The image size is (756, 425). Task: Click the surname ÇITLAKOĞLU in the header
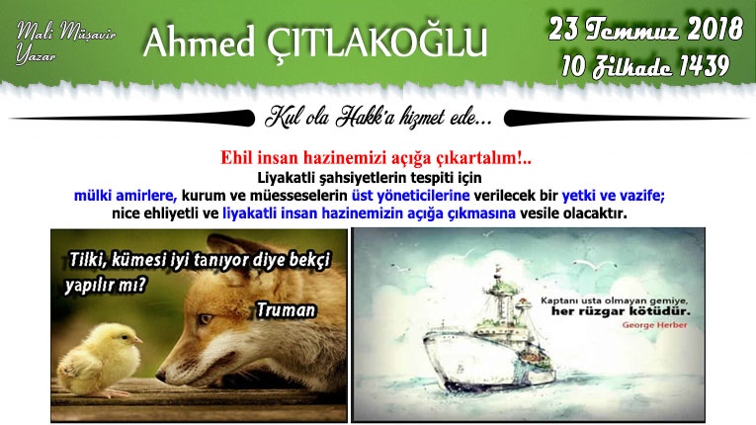(x=377, y=42)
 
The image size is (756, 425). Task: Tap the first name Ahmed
(x=199, y=42)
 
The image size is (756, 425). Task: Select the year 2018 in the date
(x=714, y=29)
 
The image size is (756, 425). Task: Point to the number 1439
(x=704, y=65)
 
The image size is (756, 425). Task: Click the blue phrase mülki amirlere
(x=126, y=196)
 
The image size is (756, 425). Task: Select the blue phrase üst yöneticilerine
(x=410, y=196)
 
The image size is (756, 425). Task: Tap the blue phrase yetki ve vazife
(x=614, y=196)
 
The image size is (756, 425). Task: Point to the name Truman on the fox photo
(x=286, y=309)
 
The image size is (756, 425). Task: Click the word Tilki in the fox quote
(x=87, y=260)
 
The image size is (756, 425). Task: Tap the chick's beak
(x=138, y=341)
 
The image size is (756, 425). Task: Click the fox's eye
(x=207, y=319)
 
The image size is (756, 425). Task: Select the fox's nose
(x=160, y=375)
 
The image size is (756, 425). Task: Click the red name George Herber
(x=654, y=324)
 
